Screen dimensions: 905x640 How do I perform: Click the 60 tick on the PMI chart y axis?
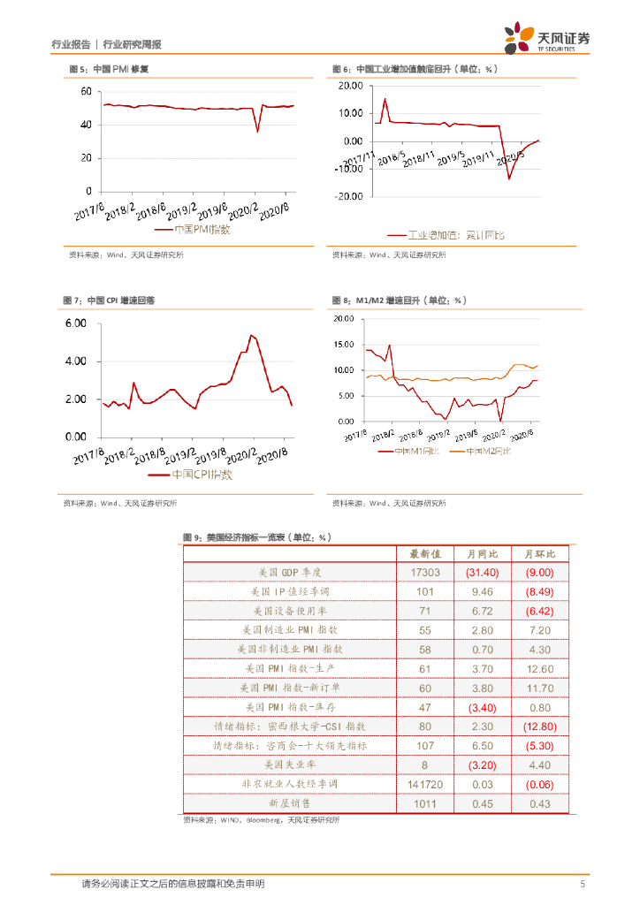point(86,92)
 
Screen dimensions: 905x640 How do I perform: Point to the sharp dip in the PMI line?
point(257,132)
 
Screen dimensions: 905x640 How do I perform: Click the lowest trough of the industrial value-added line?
point(508,179)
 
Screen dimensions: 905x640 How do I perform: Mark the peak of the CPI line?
point(252,336)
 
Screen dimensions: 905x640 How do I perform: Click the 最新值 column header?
point(424,554)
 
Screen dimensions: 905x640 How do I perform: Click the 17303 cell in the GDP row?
point(424,573)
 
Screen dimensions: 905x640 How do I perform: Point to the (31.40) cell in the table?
point(483,573)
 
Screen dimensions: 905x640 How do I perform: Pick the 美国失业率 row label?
point(288,764)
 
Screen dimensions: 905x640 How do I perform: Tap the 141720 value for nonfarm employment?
point(424,784)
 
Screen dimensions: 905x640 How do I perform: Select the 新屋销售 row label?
point(288,802)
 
